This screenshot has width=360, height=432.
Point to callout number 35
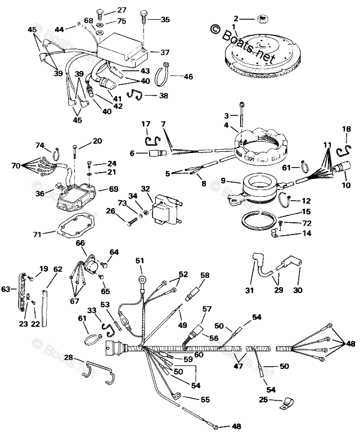165,20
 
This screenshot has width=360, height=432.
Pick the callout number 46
187,76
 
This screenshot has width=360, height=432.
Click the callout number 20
97,141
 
